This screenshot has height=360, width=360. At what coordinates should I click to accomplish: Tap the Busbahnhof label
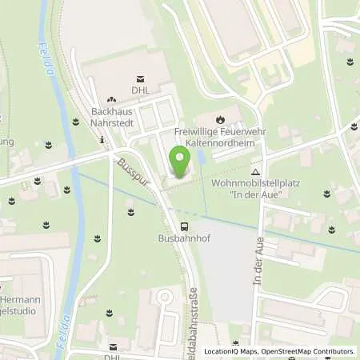point(185,238)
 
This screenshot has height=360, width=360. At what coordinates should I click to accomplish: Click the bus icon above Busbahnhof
point(185,226)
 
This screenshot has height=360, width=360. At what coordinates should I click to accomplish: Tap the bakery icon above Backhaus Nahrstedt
point(111,98)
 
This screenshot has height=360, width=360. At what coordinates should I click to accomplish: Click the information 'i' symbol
point(102,140)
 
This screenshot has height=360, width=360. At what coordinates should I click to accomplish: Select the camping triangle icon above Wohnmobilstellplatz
point(255,171)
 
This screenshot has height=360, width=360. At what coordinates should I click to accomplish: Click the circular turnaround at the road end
point(163,298)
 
